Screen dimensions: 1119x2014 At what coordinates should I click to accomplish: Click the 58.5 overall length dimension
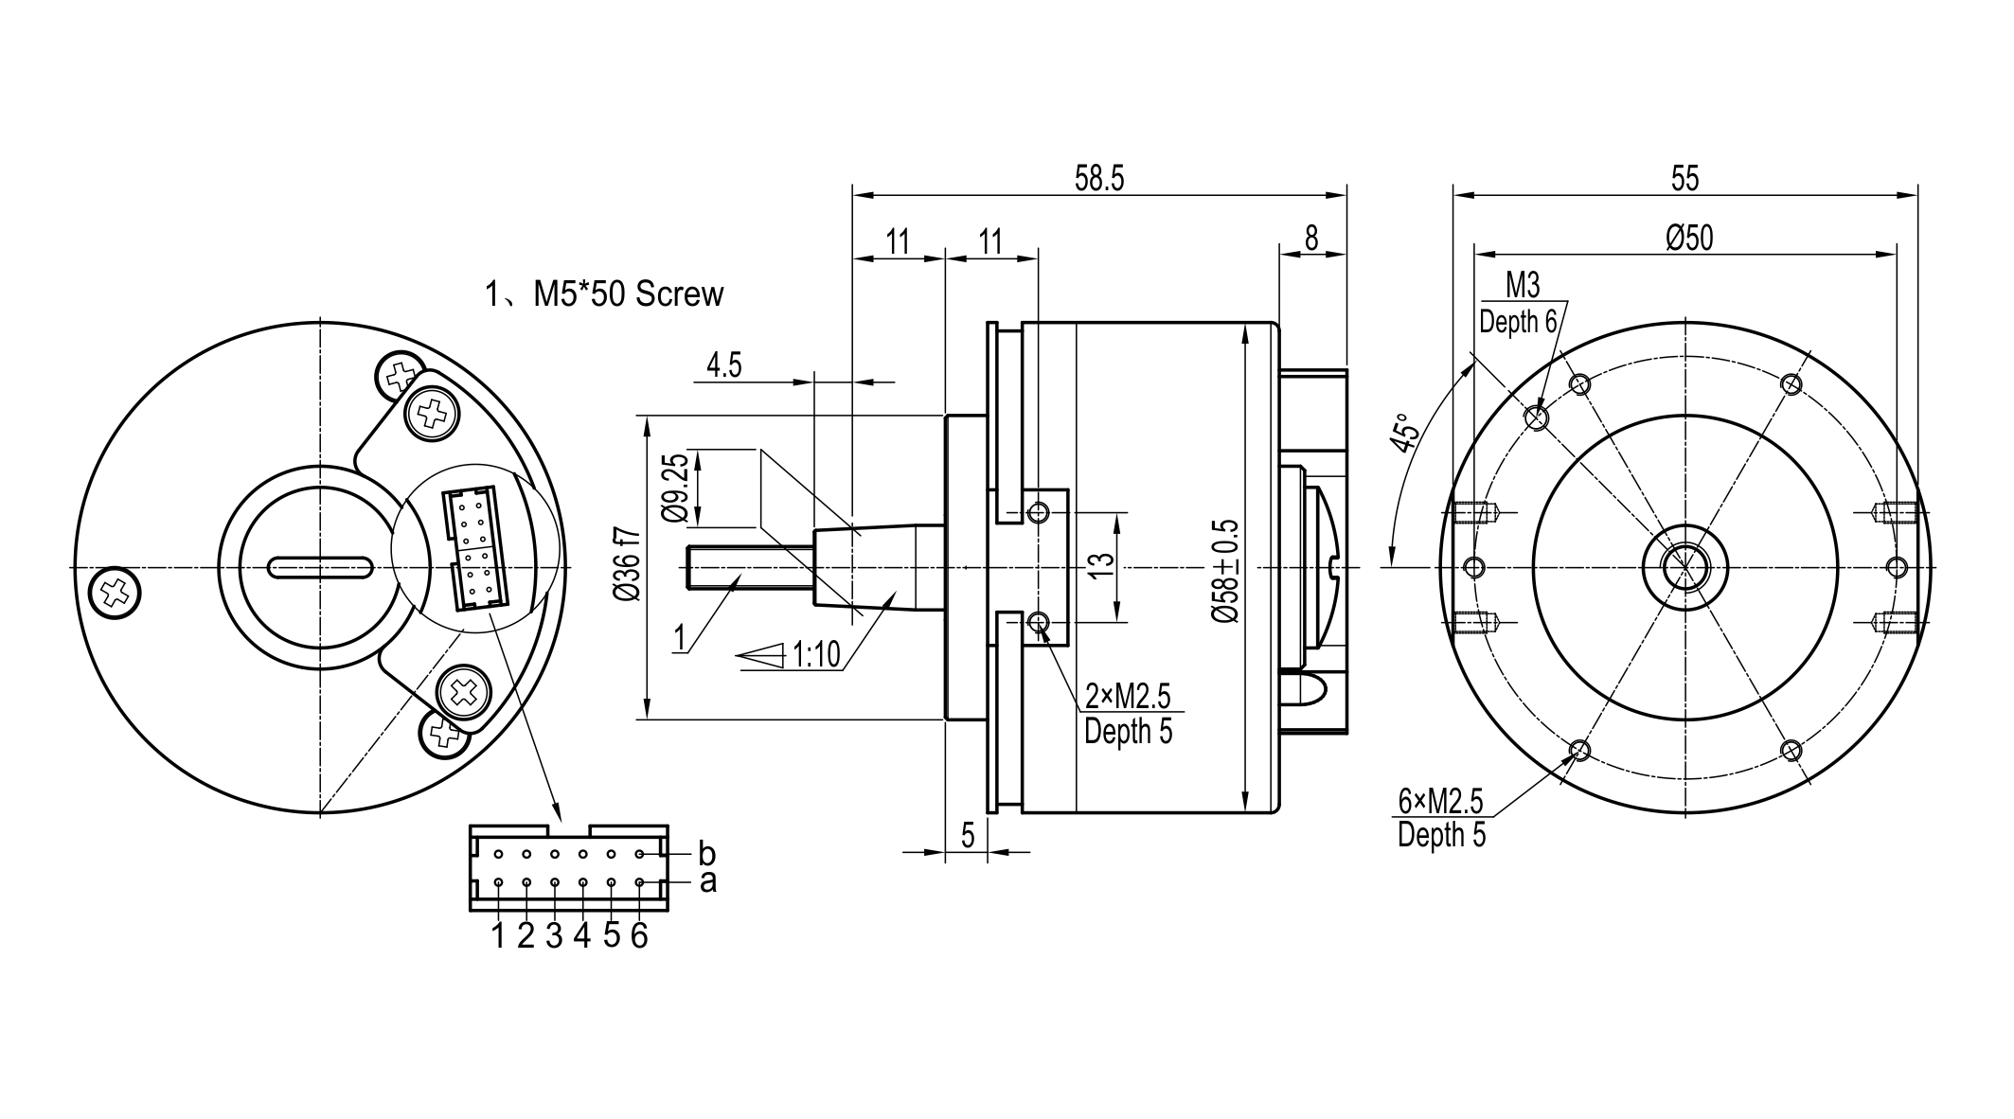(1099, 179)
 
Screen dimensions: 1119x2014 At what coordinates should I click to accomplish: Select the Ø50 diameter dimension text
(1689, 238)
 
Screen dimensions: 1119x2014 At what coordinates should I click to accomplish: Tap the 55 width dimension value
(1685, 179)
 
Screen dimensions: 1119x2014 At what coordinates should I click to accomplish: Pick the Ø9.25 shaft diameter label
(675, 488)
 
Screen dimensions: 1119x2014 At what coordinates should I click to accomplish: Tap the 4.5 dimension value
(724, 365)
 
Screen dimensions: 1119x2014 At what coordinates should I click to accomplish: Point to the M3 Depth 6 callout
(1519, 304)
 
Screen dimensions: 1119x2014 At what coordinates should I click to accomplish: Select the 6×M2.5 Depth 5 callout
(1441, 818)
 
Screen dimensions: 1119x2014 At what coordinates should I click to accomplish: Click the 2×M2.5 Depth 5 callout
(1128, 714)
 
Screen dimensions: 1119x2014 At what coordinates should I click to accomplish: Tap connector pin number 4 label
(582, 935)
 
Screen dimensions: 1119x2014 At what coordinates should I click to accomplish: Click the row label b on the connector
(707, 853)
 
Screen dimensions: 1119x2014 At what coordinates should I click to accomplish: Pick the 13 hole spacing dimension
(1101, 566)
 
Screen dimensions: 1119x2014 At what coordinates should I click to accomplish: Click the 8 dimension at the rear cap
(1311, 240)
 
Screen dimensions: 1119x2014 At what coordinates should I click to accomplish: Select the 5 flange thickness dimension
(968, 835)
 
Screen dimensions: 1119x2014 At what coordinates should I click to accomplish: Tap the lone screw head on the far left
(115, 594)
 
